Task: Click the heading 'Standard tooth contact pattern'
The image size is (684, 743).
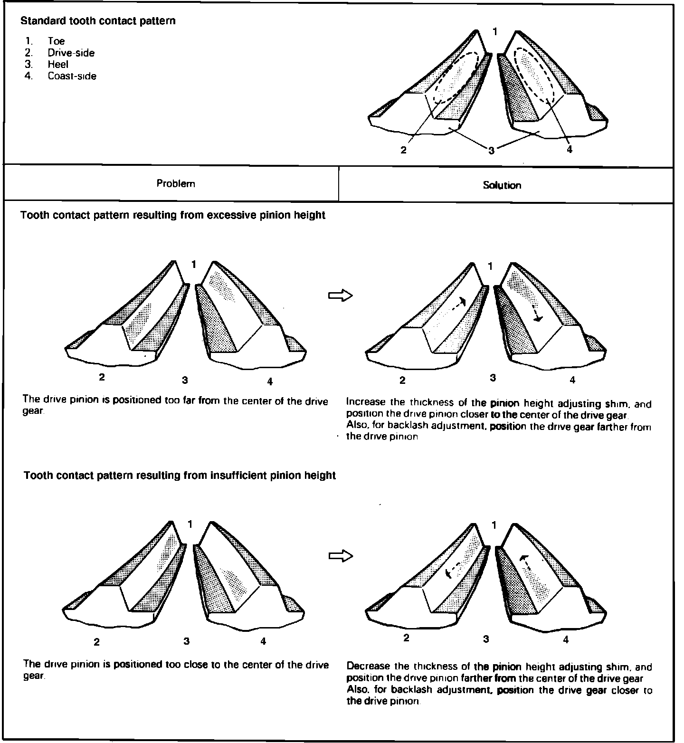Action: (x=98, y=21)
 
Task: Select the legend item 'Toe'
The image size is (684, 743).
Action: (x=56, y=41)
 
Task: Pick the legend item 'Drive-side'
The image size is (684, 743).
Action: (x=71, y=53)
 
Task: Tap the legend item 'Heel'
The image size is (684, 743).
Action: (x=58, y=65)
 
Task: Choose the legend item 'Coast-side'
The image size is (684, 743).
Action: (x=72, y=76)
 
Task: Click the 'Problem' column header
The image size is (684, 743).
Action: (x=176, y=184)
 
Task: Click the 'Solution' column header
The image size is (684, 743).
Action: (x=502, y=185)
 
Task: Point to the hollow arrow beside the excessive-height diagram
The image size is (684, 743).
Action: (x=341, y=295)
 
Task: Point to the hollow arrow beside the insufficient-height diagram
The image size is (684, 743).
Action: (x=341, y=555)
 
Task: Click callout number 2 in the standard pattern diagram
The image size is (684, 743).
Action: (x=403, y=150)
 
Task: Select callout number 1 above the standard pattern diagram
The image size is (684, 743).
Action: (x=495, y=31)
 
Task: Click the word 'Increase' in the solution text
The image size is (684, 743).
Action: (x=366, y=402)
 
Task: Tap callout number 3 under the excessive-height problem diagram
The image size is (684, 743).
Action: (x=185, y=380)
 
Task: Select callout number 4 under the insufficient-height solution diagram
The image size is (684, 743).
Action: (x=566, y=640)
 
